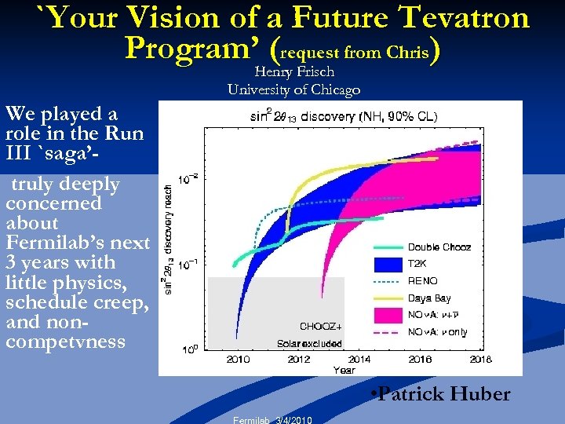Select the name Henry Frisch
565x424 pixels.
[294, 72]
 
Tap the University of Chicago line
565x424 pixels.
[294, 90]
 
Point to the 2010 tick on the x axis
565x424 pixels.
[238, 359]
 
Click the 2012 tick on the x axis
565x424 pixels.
[299, 359]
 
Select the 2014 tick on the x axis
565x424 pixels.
[359, 359]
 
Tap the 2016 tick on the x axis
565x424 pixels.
[420, 359]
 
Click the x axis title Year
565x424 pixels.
[344, 369]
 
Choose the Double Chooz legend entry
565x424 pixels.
[439, 247]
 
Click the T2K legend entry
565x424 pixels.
[418, 264]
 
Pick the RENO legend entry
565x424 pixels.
[423, 280]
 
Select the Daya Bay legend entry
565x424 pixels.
[428, 298]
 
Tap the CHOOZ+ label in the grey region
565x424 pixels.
[320, 326]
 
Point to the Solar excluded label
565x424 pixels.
[309, 343]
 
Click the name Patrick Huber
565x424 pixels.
[443, 394]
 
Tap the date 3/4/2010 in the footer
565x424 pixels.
[293, 420]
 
